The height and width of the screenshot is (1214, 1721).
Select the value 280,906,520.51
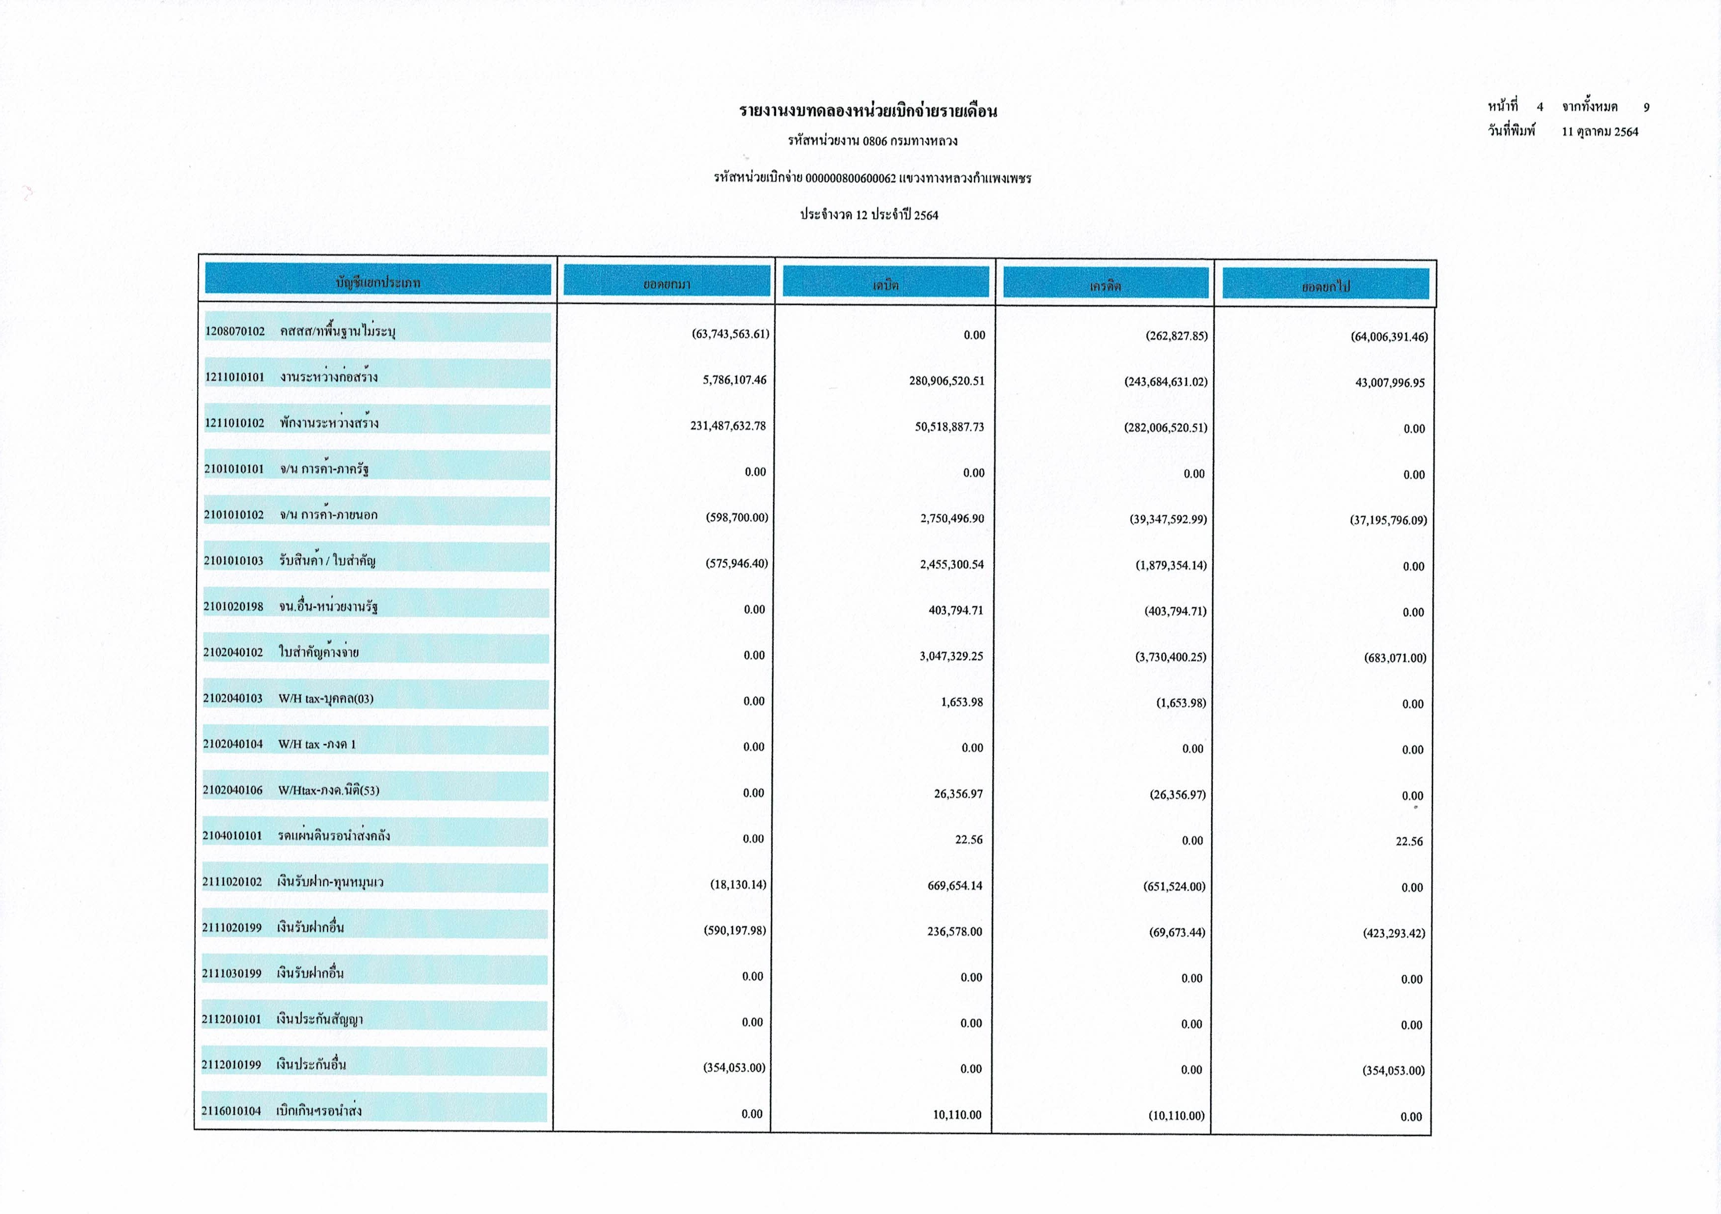[947, 381]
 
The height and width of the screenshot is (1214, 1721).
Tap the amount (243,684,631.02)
[1166, 381]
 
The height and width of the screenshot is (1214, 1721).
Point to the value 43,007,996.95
[1390, 382]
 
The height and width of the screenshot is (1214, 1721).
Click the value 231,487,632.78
[728, 426]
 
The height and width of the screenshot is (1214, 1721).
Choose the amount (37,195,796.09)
[1388, 520]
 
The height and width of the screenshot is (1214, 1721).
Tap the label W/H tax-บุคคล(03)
[326, 699]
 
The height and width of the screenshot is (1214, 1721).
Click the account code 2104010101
[232, 836]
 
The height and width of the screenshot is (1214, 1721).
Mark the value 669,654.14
[955, 885]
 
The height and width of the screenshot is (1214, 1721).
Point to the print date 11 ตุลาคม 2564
[1599, 132]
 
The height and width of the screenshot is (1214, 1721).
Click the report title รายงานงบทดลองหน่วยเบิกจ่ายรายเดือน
[868, 112]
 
